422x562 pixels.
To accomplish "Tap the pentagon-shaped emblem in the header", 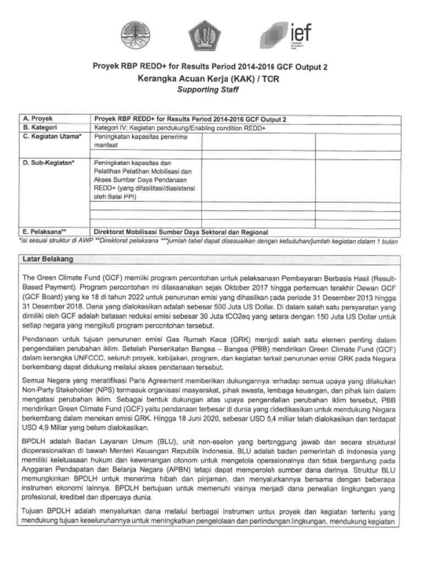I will (205, 36).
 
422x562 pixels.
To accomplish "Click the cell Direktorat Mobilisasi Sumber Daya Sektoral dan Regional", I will (181, 232).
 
